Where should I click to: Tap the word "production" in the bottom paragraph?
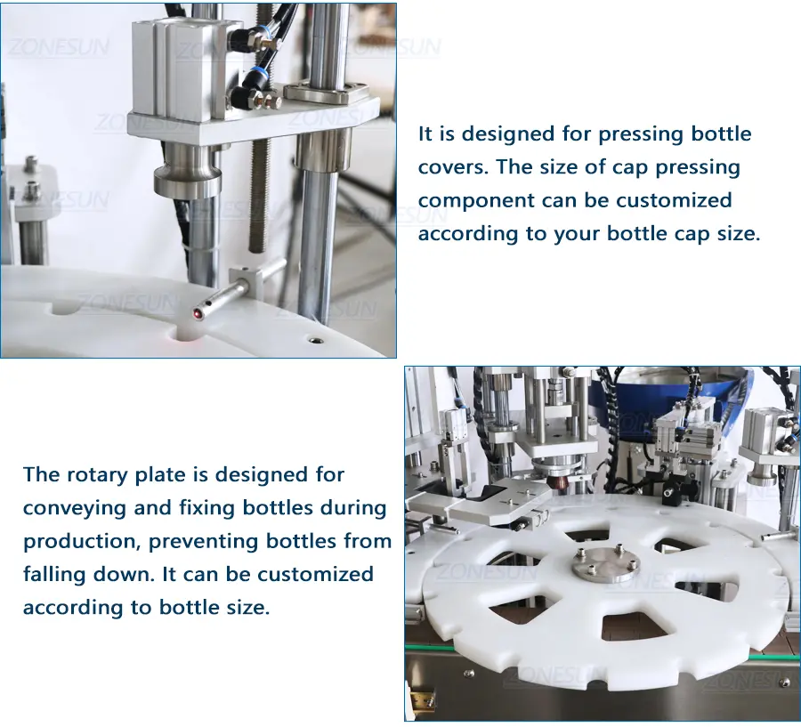pos(81,542)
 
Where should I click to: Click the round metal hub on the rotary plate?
pos(605,564)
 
